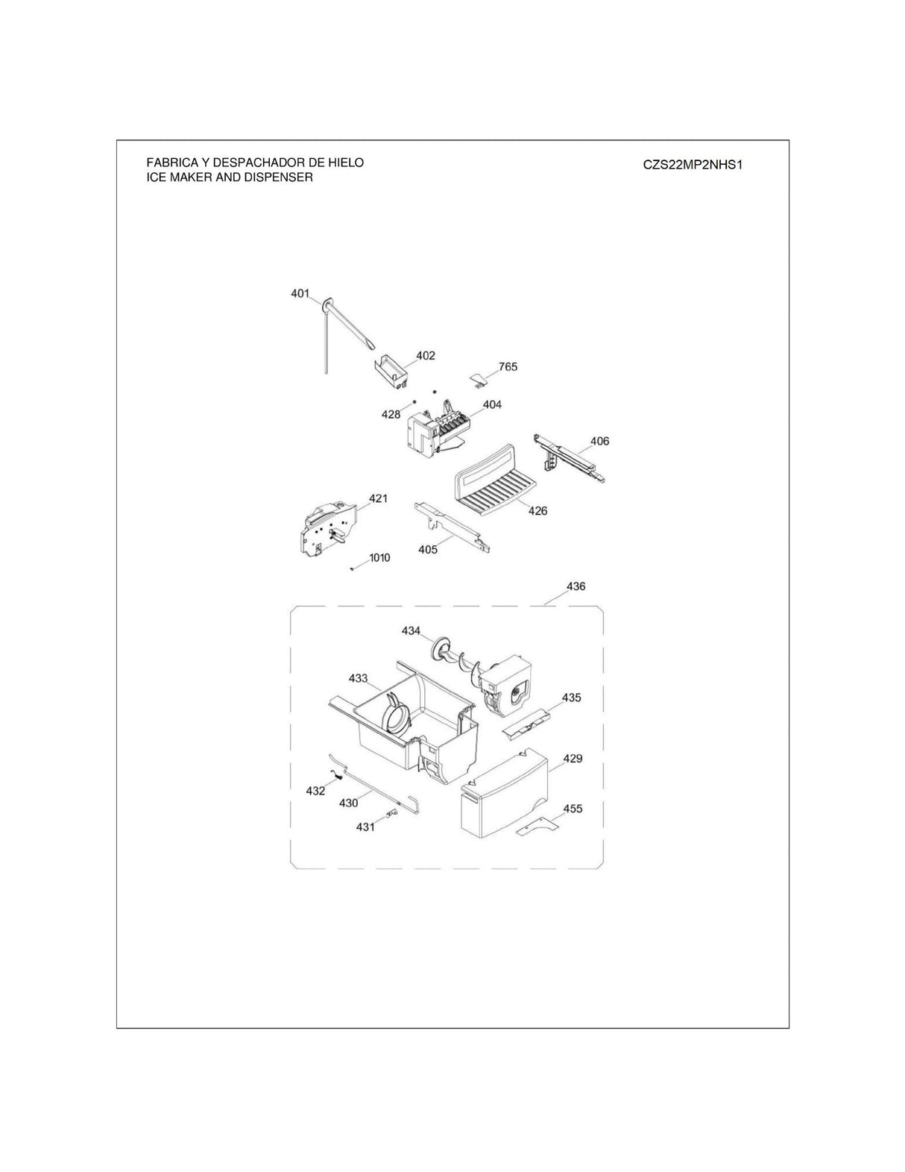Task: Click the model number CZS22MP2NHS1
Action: (x=693, y=164)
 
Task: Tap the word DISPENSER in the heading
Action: (x=279, y=178)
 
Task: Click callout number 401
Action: (x=300, y=294)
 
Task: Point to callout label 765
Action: (x=508, y=367)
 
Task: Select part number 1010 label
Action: (x=379, y=557)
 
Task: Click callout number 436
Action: (x=576, y=586)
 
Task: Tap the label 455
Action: (x=573, y=809)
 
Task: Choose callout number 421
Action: (x=378, y=498)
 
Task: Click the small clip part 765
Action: (x=477, y=380)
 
